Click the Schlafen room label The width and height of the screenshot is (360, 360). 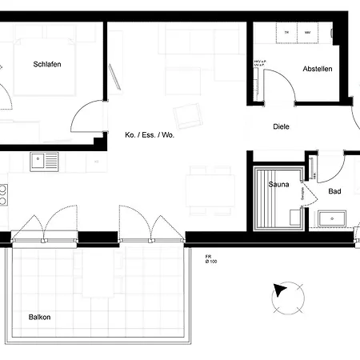pos(47,64)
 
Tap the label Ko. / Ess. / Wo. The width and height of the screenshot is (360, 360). pos(149,135)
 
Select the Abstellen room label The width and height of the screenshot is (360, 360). pos(317,69)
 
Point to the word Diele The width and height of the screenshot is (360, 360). pos(281,126)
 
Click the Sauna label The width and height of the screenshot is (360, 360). pos(278,184)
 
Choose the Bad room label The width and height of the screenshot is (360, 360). pos(335,192)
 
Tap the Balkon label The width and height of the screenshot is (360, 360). pos(39,317)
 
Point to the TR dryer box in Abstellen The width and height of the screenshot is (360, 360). pos(286,33)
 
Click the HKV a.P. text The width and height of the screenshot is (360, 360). pos(259,61)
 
